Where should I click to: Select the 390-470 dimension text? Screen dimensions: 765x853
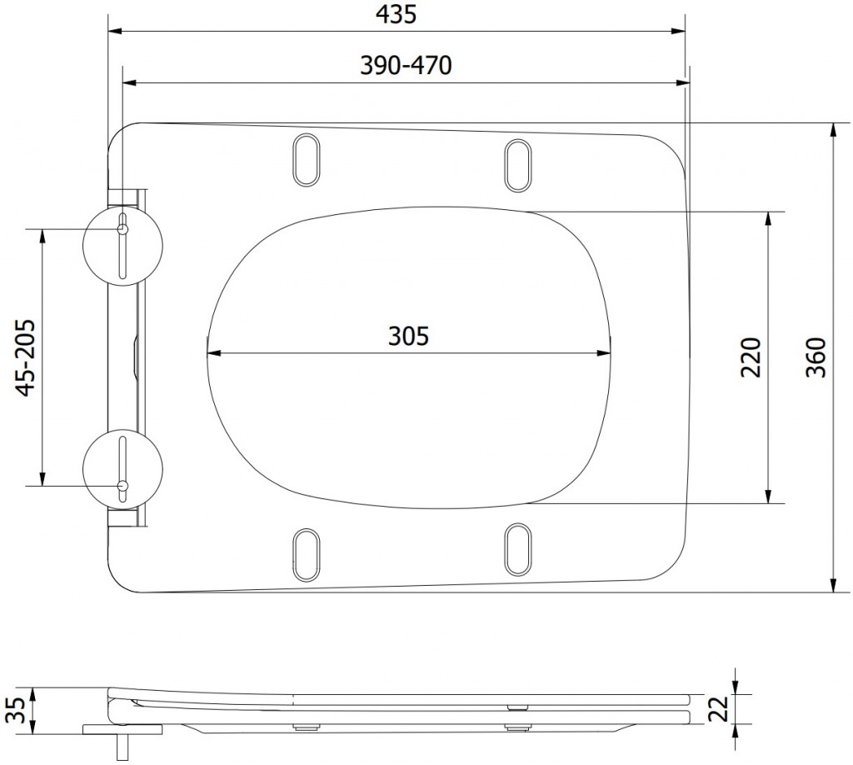click(406, 67)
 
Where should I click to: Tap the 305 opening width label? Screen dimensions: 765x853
click(408, 336)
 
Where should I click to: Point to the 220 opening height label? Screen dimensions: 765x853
click(751, 357)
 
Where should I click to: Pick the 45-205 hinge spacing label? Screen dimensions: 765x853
click(26, 357)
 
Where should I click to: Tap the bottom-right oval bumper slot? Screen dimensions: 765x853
click(518, 549)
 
